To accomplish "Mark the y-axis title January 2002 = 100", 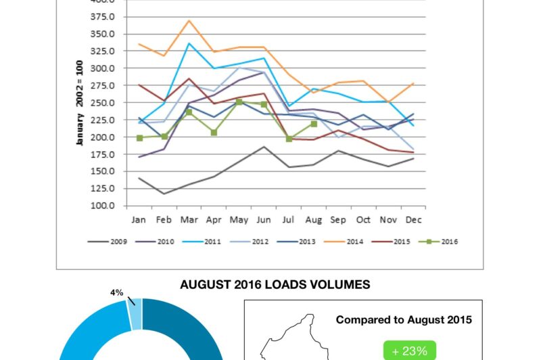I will [x=79, y=102].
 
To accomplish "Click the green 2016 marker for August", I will [x=313, y=124].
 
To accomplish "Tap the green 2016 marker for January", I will [x=139, y=138].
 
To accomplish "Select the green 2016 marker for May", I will [x=239, y=102].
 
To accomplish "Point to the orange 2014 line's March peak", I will [x=189, y=20].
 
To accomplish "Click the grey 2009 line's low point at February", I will [x=164, y=194].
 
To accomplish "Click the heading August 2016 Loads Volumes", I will [x=275, y=285].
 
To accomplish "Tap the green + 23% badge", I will [x=410, y=351].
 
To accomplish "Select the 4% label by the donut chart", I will [x=117, y=293].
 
